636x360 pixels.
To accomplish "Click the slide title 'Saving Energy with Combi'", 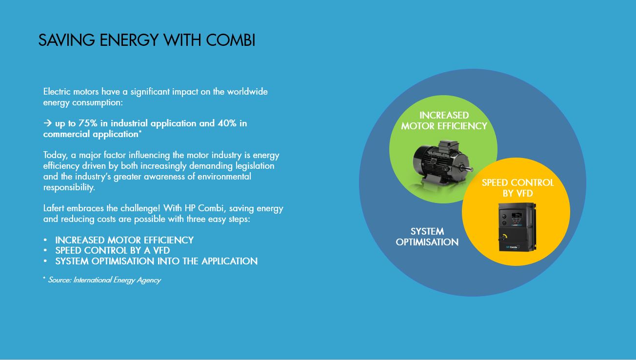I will coord(146,40).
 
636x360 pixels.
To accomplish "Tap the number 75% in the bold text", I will coord(88,123).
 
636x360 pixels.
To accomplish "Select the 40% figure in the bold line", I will coord(227,123).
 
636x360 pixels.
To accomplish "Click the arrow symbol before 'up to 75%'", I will coord(47,123).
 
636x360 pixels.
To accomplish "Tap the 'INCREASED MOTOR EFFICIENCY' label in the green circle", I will coord(444,120).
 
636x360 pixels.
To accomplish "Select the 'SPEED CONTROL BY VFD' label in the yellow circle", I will coord(517,188).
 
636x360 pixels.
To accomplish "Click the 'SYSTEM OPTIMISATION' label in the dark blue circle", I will coord(427,237).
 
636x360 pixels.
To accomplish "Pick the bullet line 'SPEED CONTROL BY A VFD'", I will coord(112,251).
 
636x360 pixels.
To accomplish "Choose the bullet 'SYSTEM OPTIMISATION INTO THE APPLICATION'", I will coord(156,261).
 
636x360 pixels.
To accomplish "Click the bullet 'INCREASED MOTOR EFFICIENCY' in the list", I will coord(124,240).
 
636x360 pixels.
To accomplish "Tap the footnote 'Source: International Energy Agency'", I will coord(104,280).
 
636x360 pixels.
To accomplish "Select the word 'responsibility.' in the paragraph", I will coord(69,187).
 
